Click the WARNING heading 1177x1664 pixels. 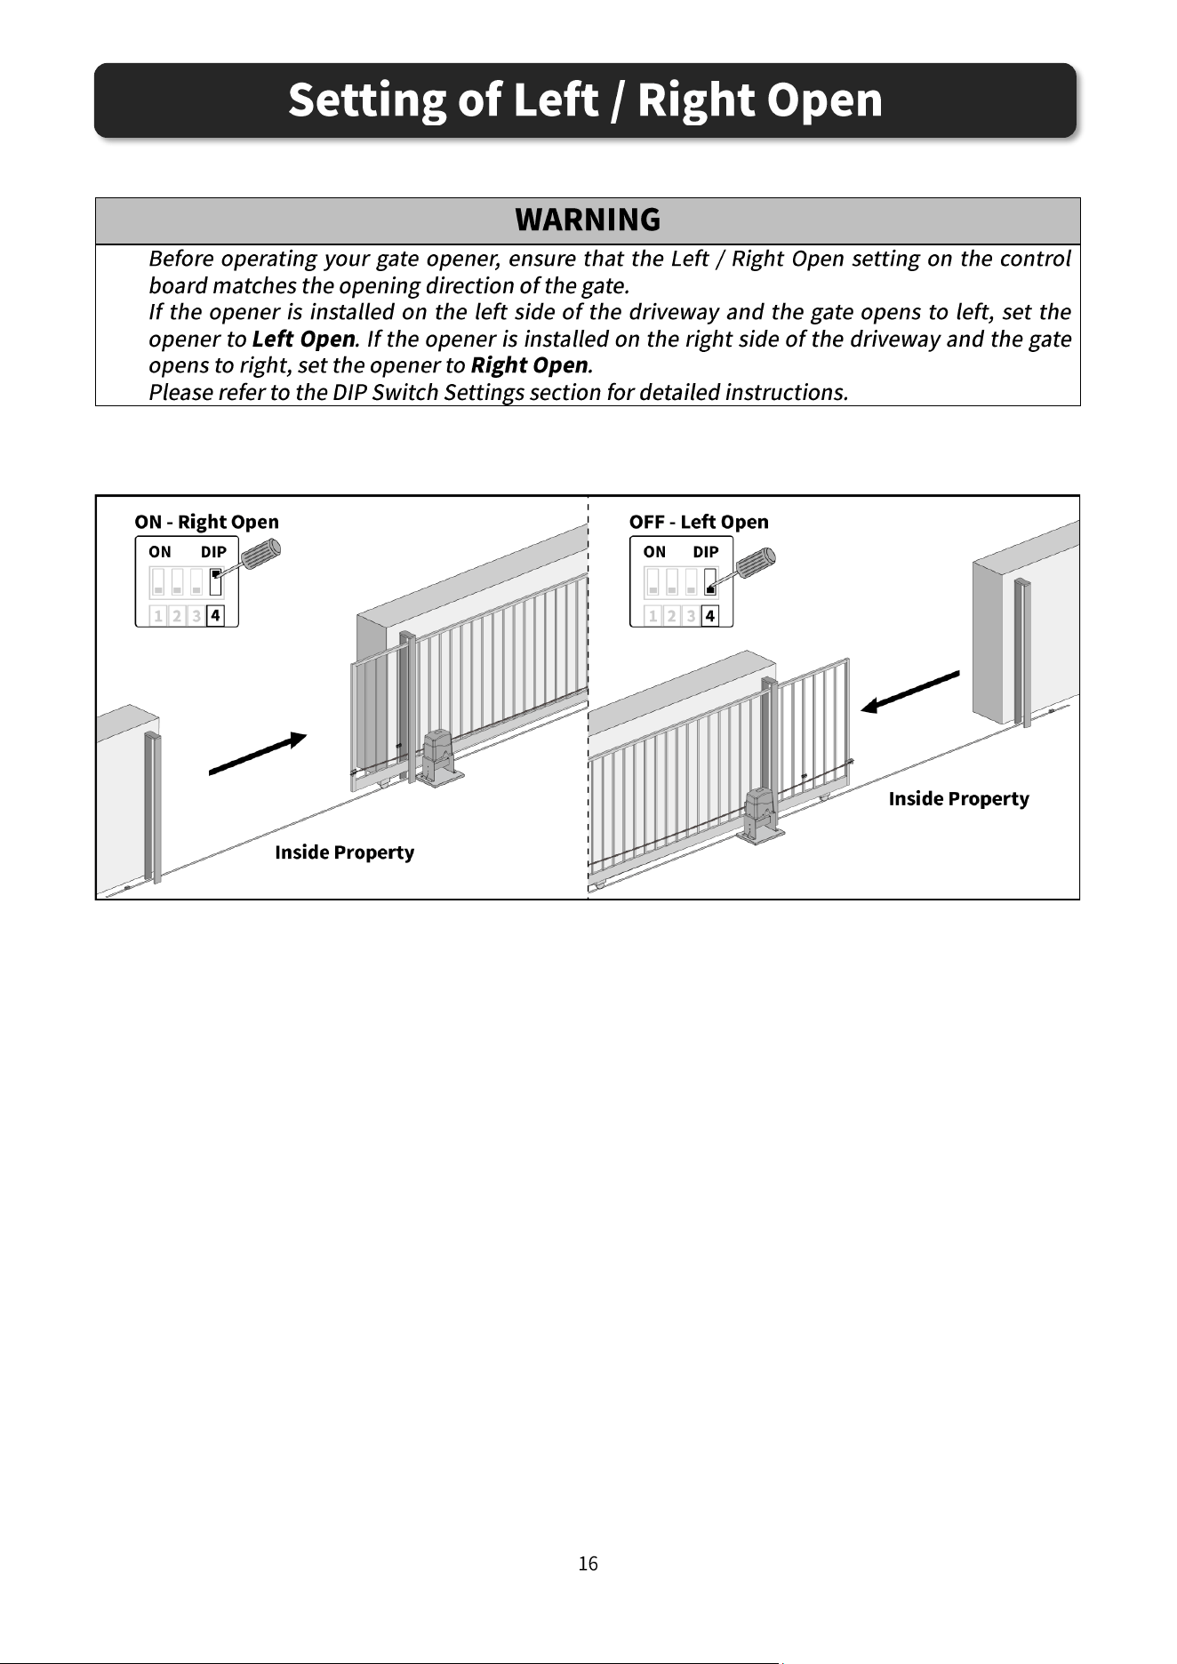[x=588, y=220]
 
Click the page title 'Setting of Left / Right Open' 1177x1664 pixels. [x=585, y=100]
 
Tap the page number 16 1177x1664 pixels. [x=588, y=1564]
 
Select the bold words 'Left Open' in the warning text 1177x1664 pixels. [x=304, y=340]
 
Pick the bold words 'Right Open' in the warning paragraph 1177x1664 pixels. [x=529, y=366]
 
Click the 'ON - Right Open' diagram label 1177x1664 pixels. [x=206, y=522]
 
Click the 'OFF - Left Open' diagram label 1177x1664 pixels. [x=699, y=522]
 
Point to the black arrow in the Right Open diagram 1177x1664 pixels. [x=258, y=754]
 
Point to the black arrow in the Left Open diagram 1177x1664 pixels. [x=910, y=692]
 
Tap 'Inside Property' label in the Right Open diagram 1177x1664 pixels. [x=345, y=852]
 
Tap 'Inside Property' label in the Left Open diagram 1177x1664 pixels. [x=958, y=799]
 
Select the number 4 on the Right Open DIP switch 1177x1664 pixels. [x=215, y=615]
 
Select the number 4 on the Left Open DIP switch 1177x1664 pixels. [x=709, y=615]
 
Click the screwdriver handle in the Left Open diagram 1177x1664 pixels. [x=757, y=562]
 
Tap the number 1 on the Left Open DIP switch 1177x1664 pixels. [x=653, y=615]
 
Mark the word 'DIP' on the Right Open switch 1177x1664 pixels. [x=213, y=552]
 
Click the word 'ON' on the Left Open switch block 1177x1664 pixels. [x=654, y=552]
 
